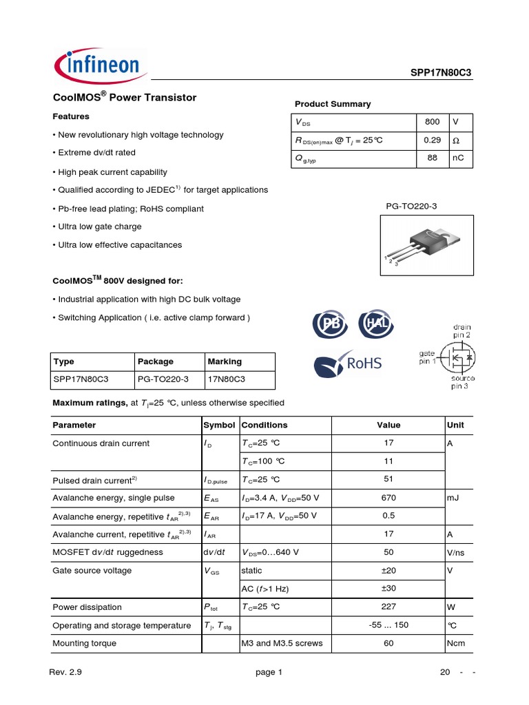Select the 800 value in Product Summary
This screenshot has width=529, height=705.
[x=432, y=122]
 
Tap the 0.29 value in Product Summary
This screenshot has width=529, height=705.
[x=432, y=140]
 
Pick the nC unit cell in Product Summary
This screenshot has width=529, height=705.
[x=458, y=159]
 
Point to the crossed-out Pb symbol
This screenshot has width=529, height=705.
[x=329, y=324]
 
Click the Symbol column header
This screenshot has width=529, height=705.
[x=220, y=425]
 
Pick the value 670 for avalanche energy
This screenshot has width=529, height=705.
[x=388, y=498]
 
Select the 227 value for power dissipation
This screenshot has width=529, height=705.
[x=388, y=607]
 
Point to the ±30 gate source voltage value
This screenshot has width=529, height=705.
[x=388, y=589]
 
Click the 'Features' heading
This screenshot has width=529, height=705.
[x=71, y=116]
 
